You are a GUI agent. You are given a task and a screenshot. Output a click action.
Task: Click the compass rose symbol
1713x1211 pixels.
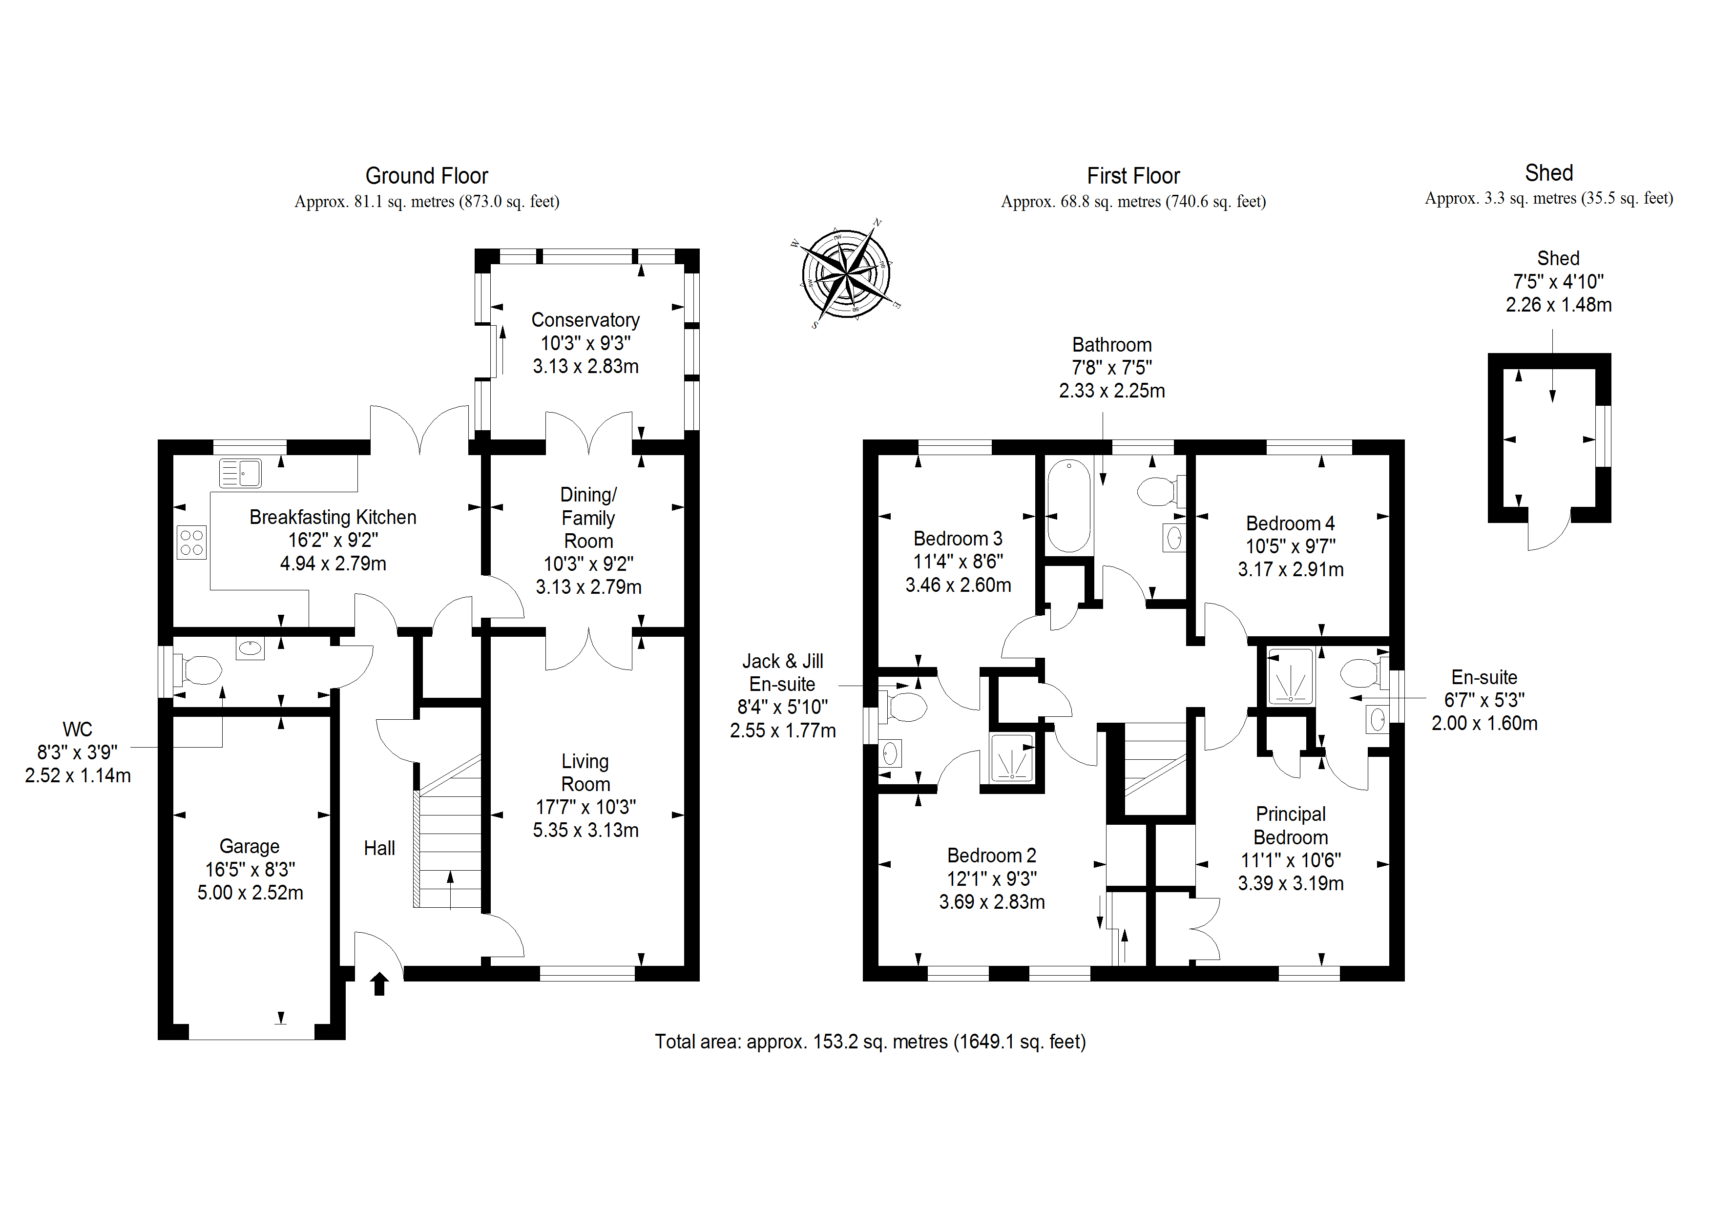point(845,274)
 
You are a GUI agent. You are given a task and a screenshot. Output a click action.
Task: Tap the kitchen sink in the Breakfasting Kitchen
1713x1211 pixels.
point(240,473)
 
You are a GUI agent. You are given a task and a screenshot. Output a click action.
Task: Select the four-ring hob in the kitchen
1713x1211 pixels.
point(192,543)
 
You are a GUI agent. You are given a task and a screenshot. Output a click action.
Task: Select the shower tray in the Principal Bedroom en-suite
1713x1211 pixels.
point(1290,676)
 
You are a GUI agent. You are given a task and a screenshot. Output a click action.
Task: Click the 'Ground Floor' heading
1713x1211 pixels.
point(427,176)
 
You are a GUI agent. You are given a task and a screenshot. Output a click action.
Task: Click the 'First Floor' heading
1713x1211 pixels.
point(1133,176)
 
